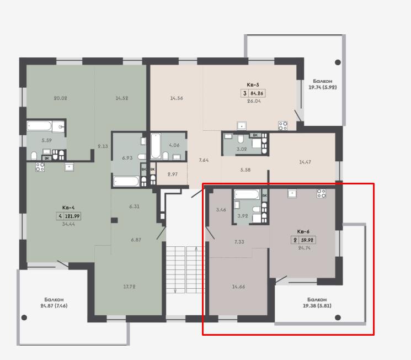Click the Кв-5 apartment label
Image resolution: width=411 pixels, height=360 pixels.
[x=253, y=84]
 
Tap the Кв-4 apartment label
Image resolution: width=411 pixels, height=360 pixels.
[x=68, y=208]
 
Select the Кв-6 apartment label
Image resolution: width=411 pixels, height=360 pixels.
[x=303, y=231]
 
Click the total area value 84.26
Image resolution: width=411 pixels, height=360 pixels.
[x=257, y=93]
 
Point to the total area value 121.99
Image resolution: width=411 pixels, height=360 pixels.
[x=72, y=216]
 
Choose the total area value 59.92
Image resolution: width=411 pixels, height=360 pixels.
[x=307, y=240]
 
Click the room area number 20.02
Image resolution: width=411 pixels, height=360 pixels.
[x=60, y=98]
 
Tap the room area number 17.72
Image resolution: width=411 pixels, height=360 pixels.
[x=129, y=287]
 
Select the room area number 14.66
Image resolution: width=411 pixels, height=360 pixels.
[x=238, y=287]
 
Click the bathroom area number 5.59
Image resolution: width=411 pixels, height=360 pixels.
[x=47, y=140]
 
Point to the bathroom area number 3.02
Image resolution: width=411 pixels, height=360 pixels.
[x=242, y=149]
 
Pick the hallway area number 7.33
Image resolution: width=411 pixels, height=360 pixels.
[x=239, y=242]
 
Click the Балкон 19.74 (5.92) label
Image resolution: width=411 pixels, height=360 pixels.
[x=323, y=84]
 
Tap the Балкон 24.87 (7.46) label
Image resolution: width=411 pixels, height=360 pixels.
[x=54, y=303]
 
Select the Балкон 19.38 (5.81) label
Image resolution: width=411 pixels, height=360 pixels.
[x=317, y=303]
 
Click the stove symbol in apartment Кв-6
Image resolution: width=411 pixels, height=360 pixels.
[x=322, y=193]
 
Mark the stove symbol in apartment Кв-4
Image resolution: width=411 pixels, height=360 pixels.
[x=40, y=167]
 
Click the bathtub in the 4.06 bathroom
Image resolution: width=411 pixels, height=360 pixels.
[x=156, y=146]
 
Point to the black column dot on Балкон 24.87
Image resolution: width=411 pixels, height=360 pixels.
[x=24, y=317]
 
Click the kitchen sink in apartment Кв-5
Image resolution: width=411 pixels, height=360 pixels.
[x=242, y=126]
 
